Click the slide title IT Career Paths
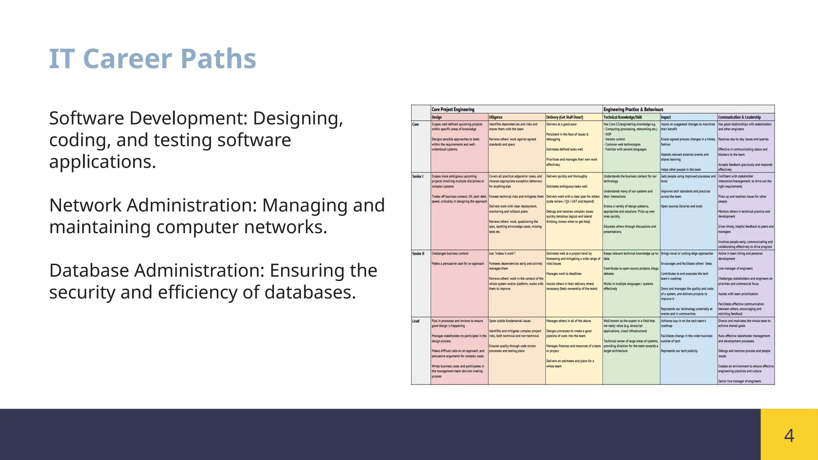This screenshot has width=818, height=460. [x=152, y=59]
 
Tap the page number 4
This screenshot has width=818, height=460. [x=789, y=435]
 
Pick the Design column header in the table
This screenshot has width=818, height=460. [x=437, y=117]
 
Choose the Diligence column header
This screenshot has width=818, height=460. [x=496, y=117]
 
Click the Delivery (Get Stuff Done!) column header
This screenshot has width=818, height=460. [x=564, y=117]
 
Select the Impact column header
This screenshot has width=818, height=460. [x=666, y=117]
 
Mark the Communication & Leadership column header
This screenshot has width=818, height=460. [x=739, y=117]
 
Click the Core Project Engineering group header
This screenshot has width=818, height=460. [x=453, y=109]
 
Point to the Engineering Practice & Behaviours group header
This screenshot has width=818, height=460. [x=633, y=109]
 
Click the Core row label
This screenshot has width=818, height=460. [x=415, y=125]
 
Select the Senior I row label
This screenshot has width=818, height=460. [x=417, y=176]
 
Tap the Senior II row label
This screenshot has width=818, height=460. [x=418, y=254]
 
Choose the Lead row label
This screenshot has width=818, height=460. [x=416, y=321]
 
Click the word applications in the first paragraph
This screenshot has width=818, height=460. [x=102, y=162]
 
